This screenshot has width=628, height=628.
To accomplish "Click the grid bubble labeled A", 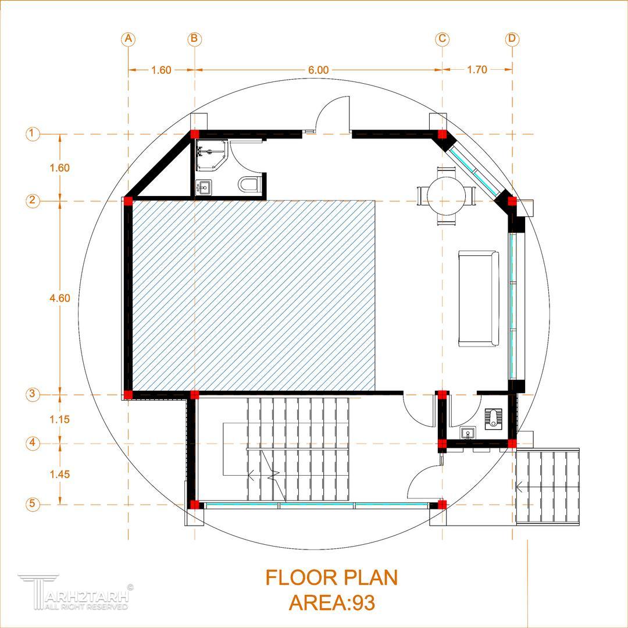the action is click(x=128, y=39).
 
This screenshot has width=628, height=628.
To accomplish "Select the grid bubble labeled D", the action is click(x=512, y=39).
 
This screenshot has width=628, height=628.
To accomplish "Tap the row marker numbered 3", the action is click(x=33, y=394).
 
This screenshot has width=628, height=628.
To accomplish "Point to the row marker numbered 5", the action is click(x=33, y=504).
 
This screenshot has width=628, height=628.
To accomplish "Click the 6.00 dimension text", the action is click(x=318, y=70).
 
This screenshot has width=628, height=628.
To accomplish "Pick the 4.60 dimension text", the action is click(x=60, y=298).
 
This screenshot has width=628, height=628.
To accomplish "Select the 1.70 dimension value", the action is click(x=477, y=70).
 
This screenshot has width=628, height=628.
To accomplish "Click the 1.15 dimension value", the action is click(x=60, y=419).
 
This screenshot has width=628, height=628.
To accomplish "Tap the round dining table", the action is click(x=446, y=197).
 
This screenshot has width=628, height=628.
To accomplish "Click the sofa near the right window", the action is click(x=479, y=298).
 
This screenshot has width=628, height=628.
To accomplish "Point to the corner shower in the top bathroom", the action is click(x=212, y=155).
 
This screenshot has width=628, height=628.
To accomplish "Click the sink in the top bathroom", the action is click(x=204, y=187).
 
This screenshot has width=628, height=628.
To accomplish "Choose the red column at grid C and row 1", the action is click(x=442, y=134).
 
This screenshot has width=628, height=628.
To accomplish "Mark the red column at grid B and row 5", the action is click(x=194, y=504).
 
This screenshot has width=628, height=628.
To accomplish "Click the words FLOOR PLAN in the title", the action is click(x=331, y=577).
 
